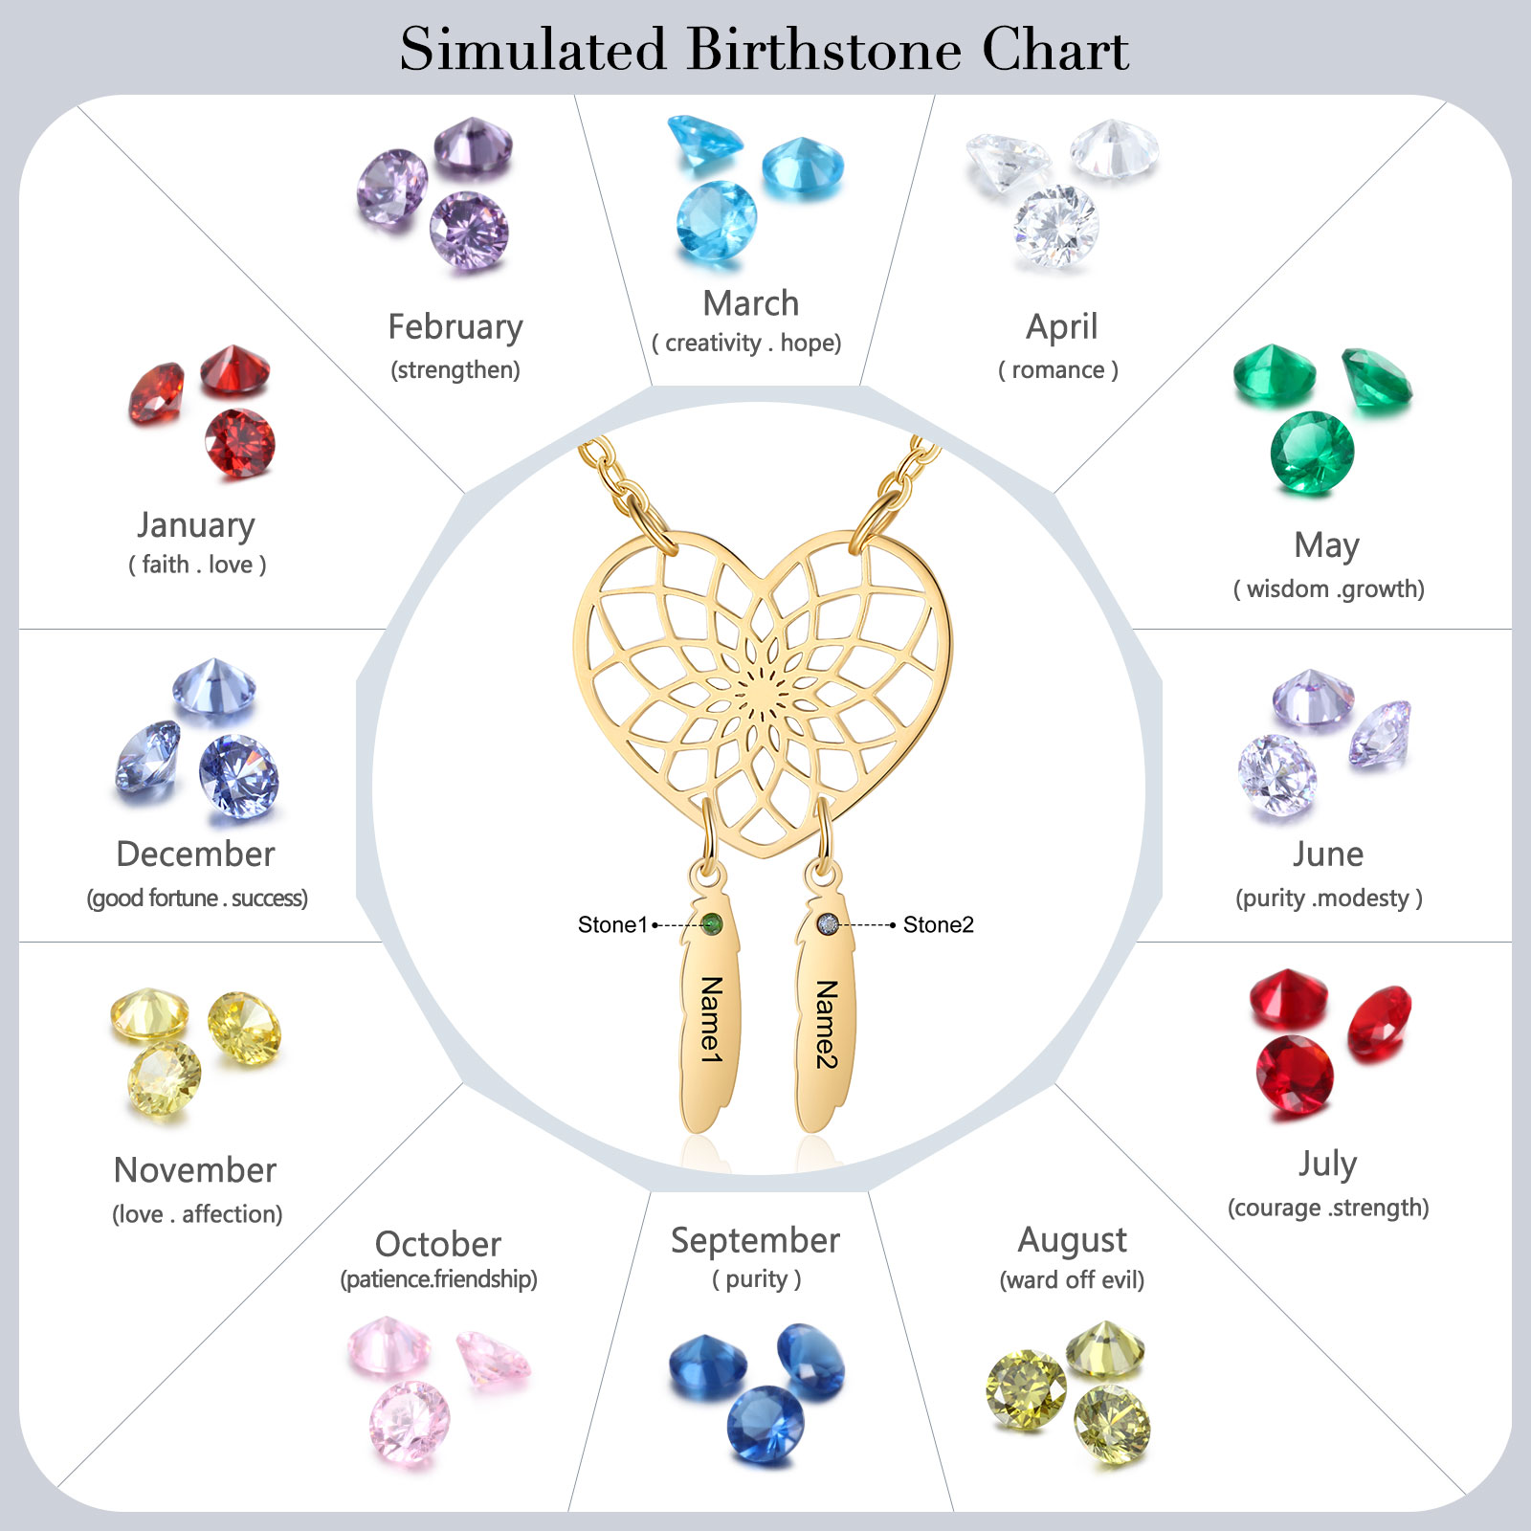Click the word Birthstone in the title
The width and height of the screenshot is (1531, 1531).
point(824,49)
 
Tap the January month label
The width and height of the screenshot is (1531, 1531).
point(196,525)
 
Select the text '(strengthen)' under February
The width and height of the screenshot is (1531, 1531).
point(455,370)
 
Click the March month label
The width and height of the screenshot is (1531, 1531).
point(751,303)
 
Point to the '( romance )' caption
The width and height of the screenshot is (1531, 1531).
point(1058,370)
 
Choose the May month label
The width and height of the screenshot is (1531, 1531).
point(1327,546)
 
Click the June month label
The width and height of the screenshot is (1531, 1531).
point(1328,854)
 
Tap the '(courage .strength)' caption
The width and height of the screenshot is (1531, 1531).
point(1328,1208)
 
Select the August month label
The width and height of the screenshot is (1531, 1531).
point(1073,1241)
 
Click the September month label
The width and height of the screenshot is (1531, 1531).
point(756,1241)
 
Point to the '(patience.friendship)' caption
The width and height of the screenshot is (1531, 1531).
point(439,1279)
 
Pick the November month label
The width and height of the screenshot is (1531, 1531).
point(195,1170)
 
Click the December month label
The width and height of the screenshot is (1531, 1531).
point(195,854)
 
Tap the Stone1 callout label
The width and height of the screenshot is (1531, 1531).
point(613,924)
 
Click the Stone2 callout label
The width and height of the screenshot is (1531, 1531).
point(939,924)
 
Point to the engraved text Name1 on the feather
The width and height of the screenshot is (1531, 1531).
point(711,1020)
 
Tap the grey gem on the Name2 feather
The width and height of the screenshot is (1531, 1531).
point(828,924)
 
